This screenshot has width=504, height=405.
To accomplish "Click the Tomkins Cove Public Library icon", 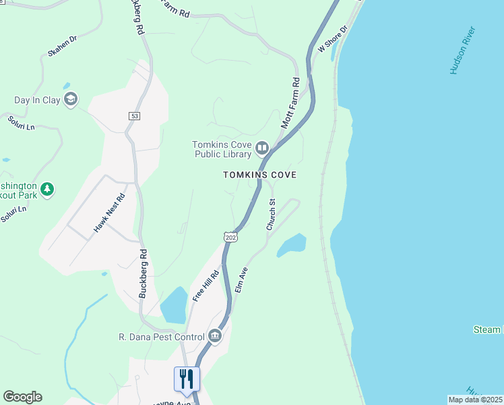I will [261, 147].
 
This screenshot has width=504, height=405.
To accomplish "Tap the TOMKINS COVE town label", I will [260, 175].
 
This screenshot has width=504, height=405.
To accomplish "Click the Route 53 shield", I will [135, 116].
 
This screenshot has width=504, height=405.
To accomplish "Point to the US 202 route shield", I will [230, 238].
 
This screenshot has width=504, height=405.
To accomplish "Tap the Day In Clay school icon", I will [71, 100].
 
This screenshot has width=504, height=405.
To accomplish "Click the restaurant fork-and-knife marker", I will [187, 379].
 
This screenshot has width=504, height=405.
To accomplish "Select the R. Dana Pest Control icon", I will [215, 336].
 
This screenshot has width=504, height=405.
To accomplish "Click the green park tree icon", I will [46, 189].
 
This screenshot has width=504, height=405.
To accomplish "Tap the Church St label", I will [272, 215].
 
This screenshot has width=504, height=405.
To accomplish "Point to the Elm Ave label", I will [241, 279].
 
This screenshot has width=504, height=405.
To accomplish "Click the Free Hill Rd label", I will [206, 286].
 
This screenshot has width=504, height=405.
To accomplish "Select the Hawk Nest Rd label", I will [110, 213].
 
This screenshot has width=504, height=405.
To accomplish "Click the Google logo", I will [22, 397].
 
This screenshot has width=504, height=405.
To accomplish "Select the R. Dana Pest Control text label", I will [161, 337].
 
